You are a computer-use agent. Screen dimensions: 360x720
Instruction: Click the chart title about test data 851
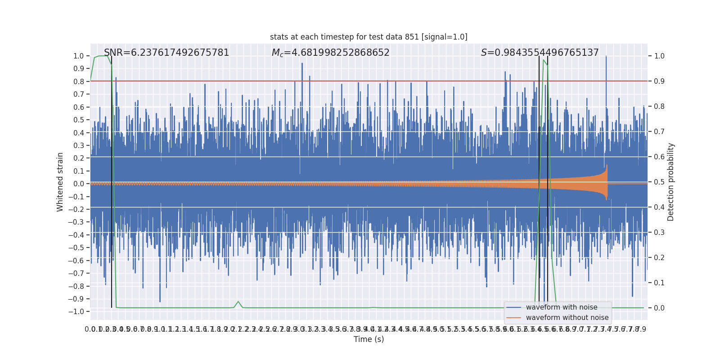[x=369, y=37]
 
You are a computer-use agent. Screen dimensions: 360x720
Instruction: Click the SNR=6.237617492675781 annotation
[x=166, y=53]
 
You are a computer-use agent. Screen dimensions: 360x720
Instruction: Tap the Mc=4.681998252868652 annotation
[x=330, y=53]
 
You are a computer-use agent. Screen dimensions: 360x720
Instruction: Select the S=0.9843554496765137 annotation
[x=540, y=53]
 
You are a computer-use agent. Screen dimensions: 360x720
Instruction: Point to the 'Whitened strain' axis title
[x=60, y=182]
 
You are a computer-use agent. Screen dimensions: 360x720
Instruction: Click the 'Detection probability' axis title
[x=670, y=182]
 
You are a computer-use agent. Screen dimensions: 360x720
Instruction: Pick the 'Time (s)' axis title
[x=369, y=339]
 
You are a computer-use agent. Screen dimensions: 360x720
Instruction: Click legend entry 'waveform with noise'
[x=561, y=307]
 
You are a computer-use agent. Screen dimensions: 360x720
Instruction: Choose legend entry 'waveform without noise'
[x=567, y=318]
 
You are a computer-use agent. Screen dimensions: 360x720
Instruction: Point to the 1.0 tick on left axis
[x=79, y=56]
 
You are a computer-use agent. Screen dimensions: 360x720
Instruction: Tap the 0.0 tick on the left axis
[x=79, y=184]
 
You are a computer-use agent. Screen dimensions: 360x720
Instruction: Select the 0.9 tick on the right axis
[x=659, y=81]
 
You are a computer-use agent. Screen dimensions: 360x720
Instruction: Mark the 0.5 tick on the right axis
[x=659, y=182]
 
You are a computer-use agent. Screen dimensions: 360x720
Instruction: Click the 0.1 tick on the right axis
[x=659, y=283]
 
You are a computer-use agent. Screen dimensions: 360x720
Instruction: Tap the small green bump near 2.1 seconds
[x=238, y=302]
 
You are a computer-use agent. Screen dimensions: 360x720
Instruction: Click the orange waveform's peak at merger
[x=607, y=166]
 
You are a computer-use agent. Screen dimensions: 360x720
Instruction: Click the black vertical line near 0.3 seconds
[x=112, y=180]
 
